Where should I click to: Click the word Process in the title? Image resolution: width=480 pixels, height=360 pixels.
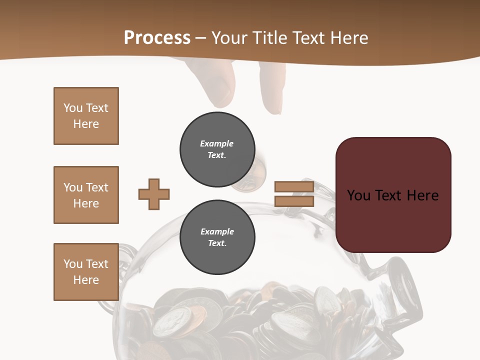[x=157, y=38]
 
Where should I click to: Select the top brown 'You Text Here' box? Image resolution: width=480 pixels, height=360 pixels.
[x=86, y=116]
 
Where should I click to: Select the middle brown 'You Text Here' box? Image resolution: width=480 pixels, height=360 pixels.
[x=86, y=195]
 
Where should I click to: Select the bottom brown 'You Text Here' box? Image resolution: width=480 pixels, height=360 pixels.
[x=86, y=272]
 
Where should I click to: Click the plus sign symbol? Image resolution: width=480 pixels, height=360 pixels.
[x=154, y=194]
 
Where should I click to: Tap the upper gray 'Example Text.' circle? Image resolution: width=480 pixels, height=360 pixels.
[x=217, y=149]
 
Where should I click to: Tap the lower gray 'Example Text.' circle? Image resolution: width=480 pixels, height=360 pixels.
[x=217, y=237]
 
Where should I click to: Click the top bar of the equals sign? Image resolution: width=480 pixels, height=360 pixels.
[x=294, y=187]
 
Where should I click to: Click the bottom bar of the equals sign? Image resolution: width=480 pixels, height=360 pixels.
[x=294, y=201]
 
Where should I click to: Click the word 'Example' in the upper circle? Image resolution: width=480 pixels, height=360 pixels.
[x=217, y=143]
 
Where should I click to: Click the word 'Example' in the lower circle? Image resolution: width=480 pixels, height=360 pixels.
[x=217, y=231]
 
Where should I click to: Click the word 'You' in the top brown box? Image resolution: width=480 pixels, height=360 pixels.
[x=72, y=108]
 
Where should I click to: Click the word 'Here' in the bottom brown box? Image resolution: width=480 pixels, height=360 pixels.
[x=86, y=280]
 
